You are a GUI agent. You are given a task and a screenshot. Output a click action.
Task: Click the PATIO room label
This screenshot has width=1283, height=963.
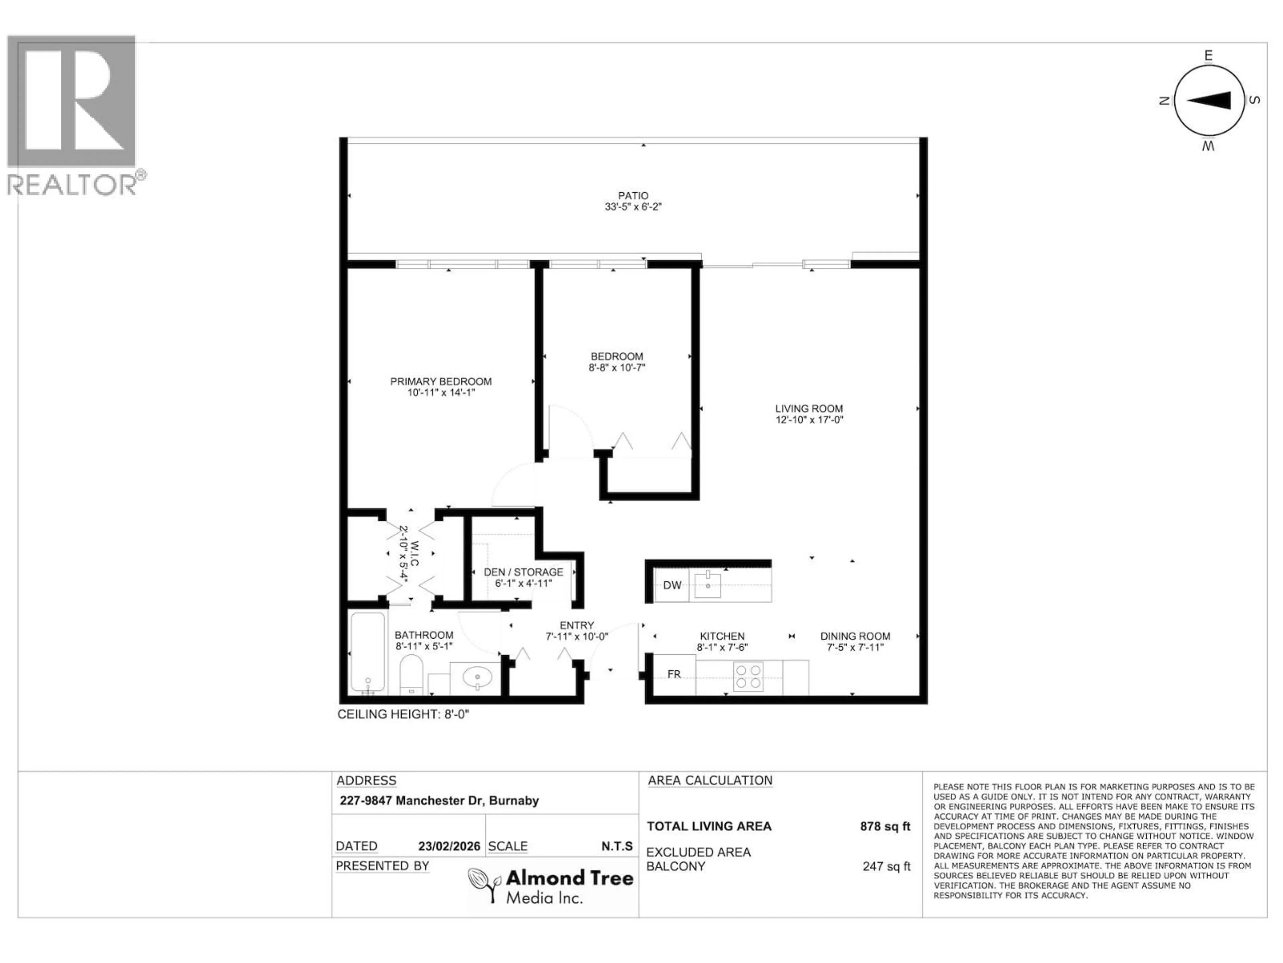(x=633, y=196)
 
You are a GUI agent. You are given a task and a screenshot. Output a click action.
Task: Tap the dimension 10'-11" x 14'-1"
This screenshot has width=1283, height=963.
(x=441, y=393)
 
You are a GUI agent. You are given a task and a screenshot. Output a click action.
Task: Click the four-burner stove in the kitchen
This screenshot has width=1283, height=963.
(x=748, y=676)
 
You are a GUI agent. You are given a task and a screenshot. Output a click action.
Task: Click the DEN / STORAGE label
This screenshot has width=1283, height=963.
(x=523, y=572)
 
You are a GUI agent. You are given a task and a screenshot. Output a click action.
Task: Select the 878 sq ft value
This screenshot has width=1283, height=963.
(x=885, y=826)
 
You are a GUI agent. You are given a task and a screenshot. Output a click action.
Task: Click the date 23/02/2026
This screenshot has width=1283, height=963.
(x=449, y=846)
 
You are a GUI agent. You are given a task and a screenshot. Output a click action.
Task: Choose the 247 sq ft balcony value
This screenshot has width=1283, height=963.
(x=886, y=866)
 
